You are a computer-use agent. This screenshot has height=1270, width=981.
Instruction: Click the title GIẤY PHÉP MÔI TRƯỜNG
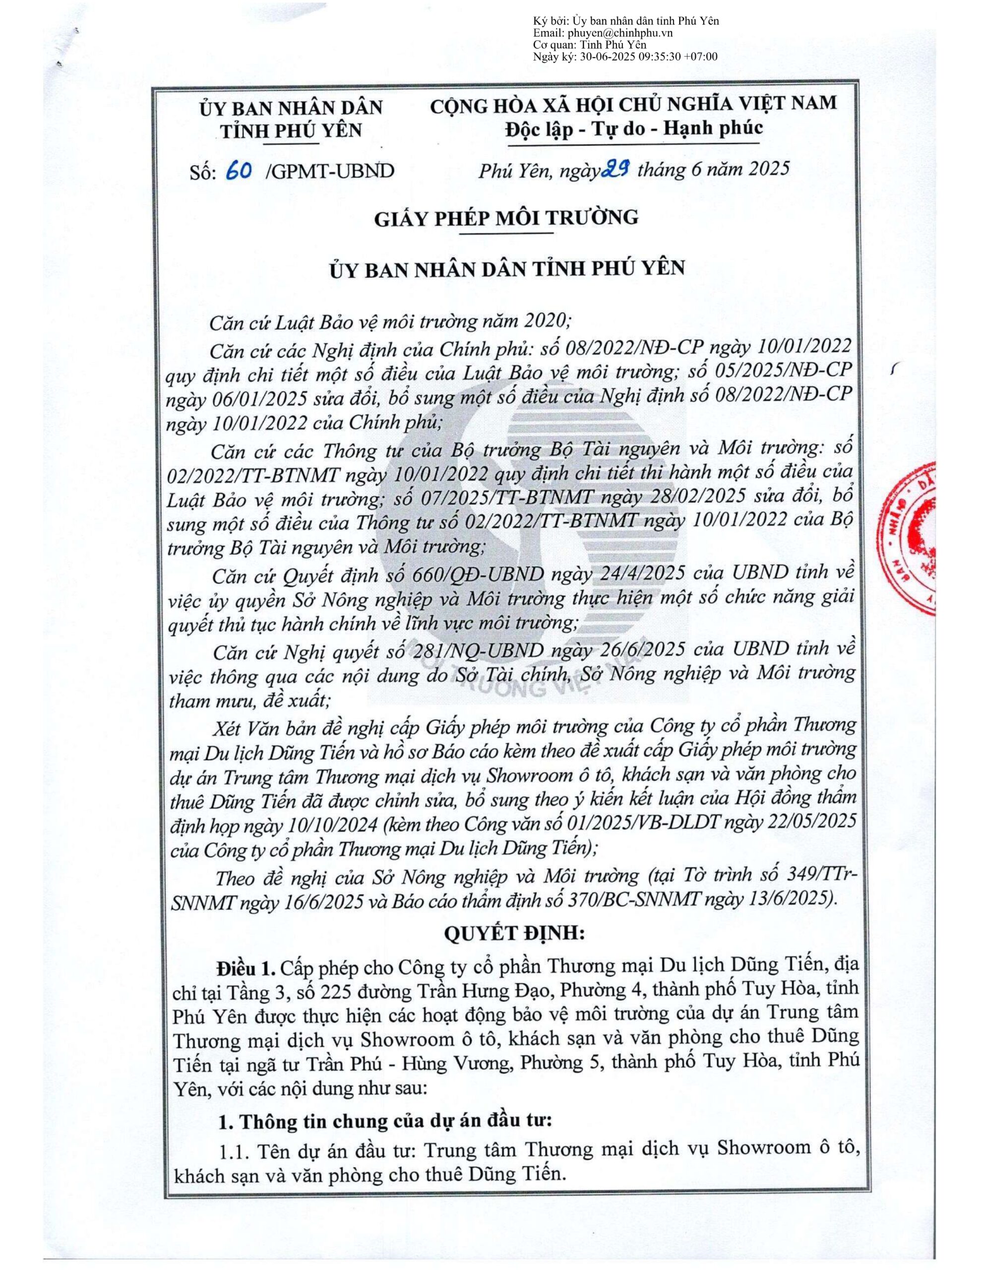506,217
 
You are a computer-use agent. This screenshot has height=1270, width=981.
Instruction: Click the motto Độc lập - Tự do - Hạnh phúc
634,128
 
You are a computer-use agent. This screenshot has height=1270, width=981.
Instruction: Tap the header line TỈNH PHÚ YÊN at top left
290,129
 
